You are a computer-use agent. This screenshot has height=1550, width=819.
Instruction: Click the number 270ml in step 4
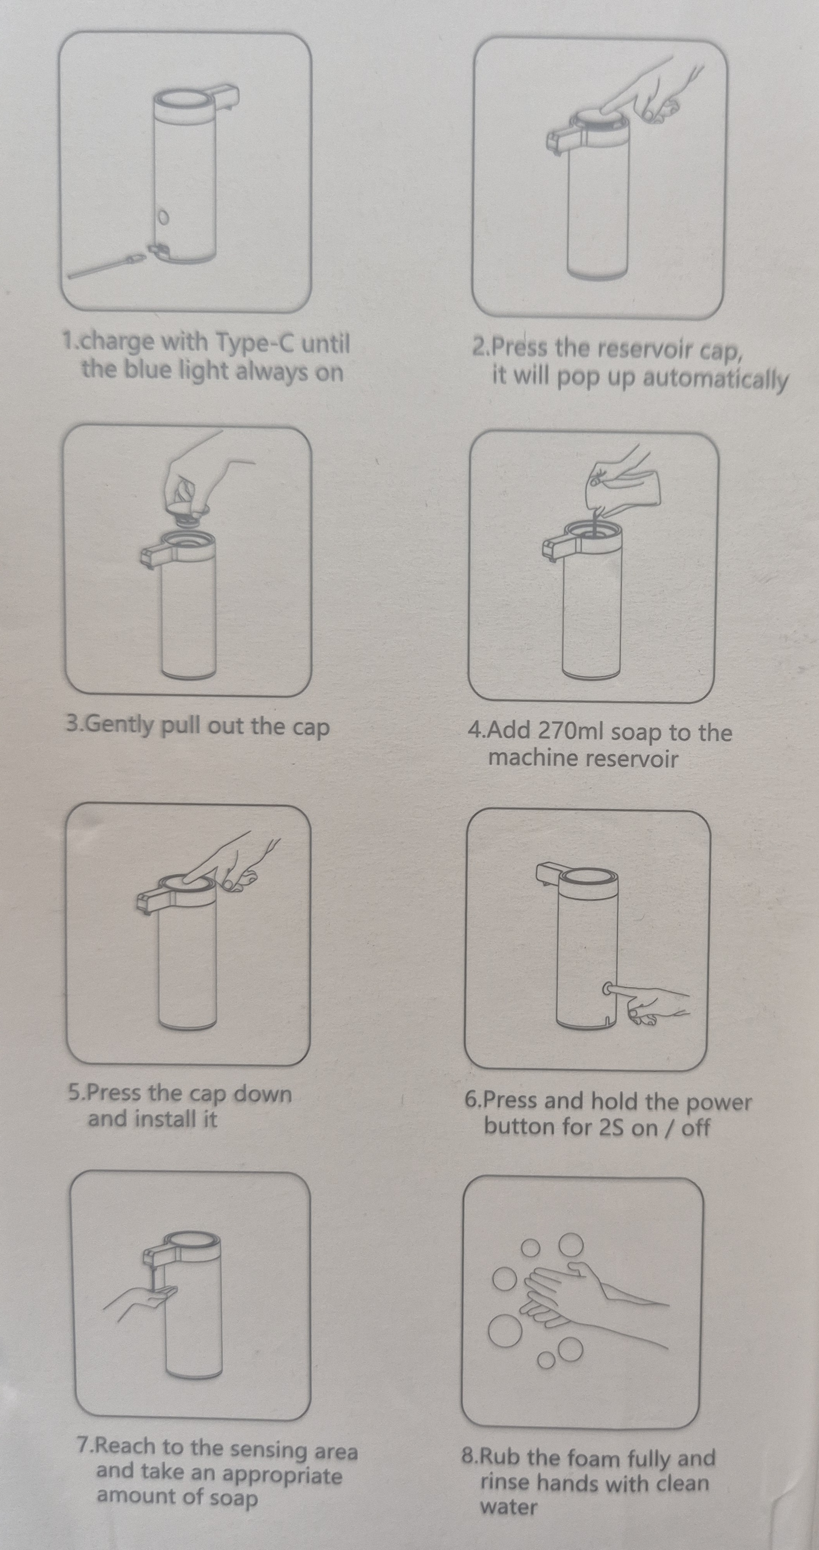click(572, 732)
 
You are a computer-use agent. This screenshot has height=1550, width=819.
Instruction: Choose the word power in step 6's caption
click(719, 1102)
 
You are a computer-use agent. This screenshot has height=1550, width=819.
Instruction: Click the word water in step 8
click(509, 1507)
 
